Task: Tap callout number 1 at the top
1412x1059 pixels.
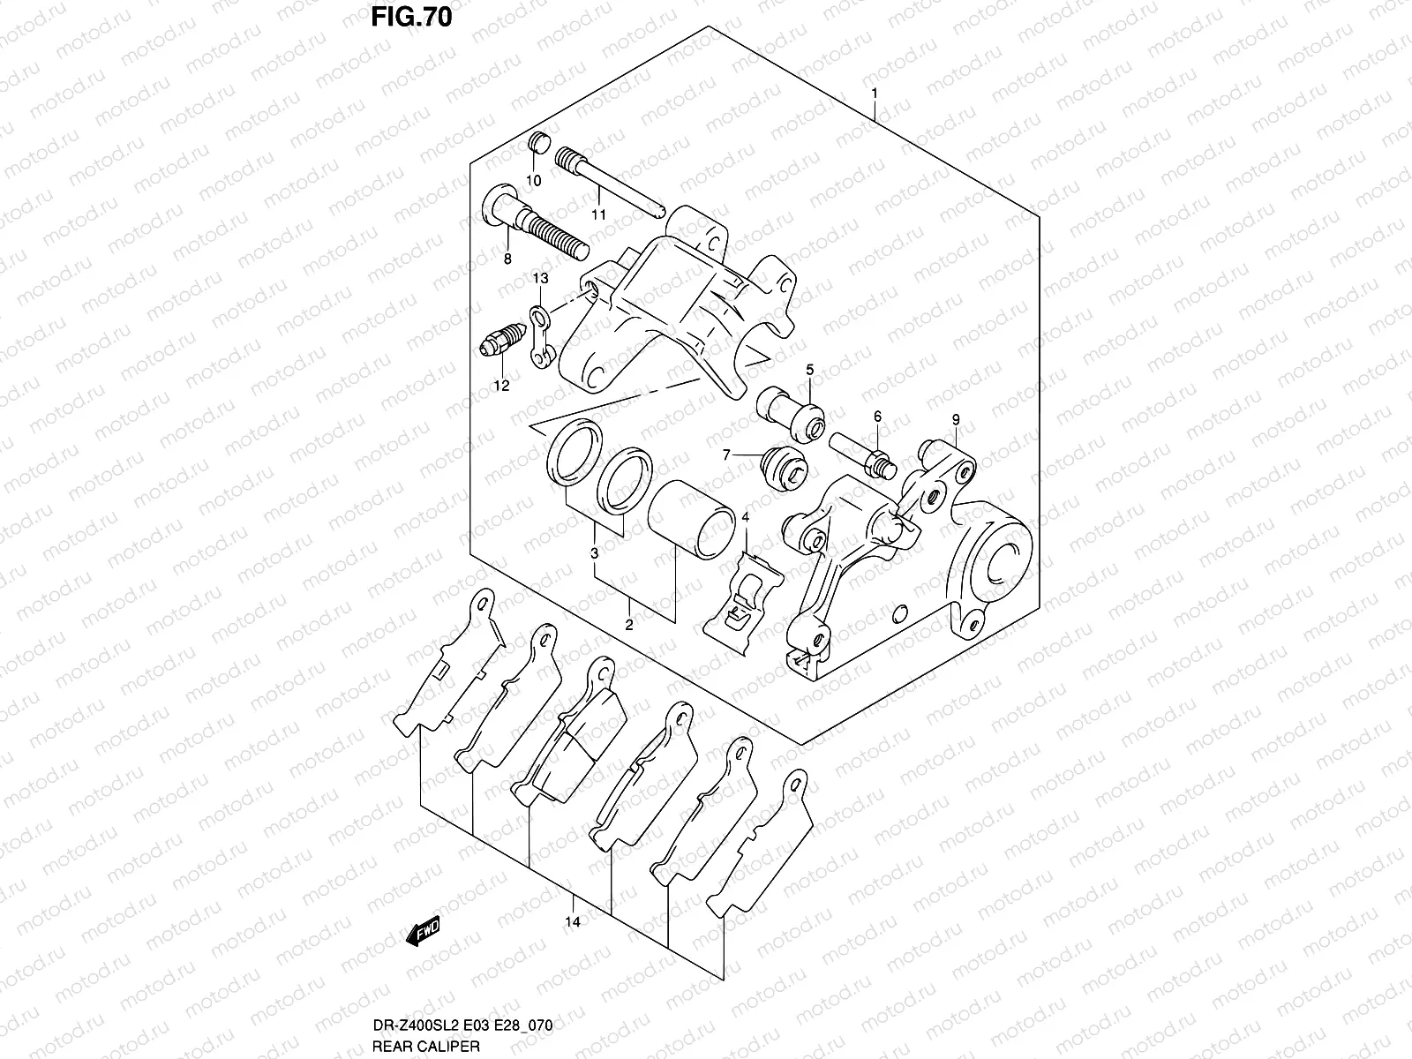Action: point(874,93)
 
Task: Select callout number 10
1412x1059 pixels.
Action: point(534,180)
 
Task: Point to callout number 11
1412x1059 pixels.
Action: point(598,214)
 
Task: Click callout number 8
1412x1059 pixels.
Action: point(507,259)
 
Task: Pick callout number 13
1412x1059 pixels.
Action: point(540,278)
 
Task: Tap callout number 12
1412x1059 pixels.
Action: point(501,385)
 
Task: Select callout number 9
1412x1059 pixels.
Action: point(955,419)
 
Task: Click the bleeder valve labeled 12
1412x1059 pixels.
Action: point(503,342)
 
